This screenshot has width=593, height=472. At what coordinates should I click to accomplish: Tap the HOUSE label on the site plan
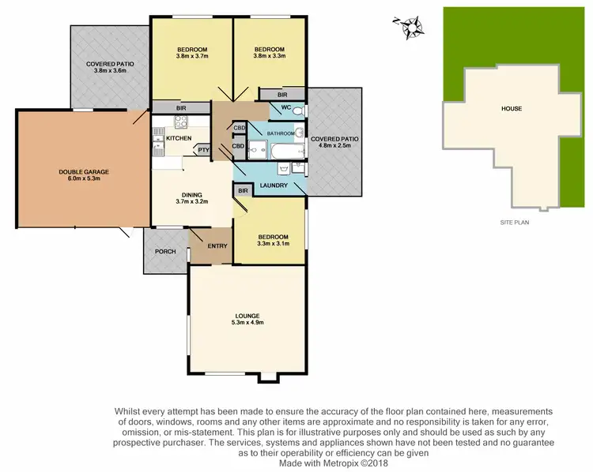[510, 108]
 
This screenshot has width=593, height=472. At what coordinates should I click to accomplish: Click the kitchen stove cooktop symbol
[180, 122]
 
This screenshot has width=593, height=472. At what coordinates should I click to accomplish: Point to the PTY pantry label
[203, 150]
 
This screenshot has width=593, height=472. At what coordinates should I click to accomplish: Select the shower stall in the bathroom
[259, 148]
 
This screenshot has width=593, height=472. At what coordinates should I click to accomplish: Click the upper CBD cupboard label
[240, 128]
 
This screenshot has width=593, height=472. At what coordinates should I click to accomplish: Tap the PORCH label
[165, 252]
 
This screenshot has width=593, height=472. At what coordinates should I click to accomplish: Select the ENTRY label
[217, 245]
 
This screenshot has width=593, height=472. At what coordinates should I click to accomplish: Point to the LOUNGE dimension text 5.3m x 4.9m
[247, 323]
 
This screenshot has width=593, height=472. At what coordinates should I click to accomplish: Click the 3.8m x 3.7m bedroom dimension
[191, 57]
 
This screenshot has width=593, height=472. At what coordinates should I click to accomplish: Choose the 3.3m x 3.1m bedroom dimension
[272, 245]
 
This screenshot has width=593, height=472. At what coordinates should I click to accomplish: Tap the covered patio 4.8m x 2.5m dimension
[335, 146]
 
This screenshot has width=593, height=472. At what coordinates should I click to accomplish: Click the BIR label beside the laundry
[243, 191]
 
